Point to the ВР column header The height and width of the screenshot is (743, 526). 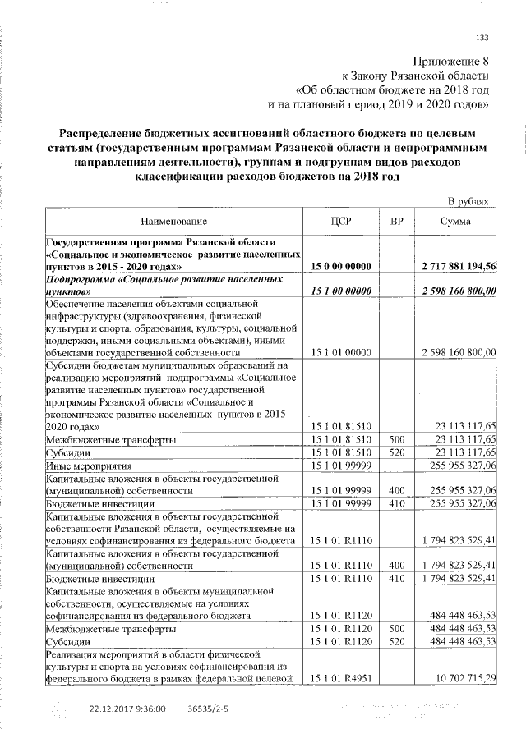[395, 221]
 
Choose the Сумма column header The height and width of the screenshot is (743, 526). [454, 221]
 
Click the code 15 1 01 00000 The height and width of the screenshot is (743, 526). [343, 351]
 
